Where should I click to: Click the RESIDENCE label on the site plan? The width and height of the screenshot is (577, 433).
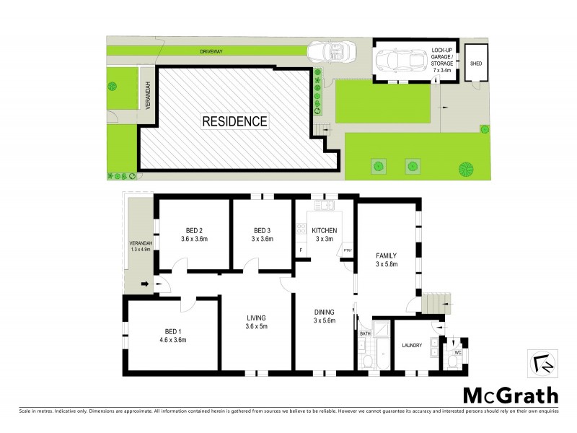[x=234, y=121]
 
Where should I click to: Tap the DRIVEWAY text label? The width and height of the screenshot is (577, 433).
[x=217, y=52]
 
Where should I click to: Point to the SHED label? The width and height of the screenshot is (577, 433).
[x=475, y=64]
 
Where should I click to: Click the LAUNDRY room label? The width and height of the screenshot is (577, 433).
[x=413, y=346]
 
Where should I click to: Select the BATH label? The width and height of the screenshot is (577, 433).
[x=364, y=334]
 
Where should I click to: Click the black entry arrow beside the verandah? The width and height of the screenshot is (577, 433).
[x=147, y=284]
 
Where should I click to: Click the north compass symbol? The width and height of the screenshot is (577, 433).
[x=542, y=363]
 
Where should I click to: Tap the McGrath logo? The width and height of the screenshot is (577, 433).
[x=509, y=395]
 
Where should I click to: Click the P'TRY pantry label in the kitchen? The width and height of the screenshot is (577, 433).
[x=347, y=250]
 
